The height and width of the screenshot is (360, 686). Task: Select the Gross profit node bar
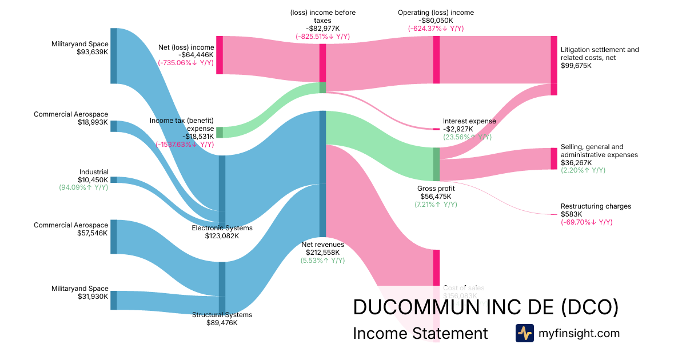[436, 164]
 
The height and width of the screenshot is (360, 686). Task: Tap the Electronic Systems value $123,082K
[222, 236]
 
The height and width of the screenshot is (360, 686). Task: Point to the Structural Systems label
[222, 315]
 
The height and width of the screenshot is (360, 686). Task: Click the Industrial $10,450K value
[93, 180]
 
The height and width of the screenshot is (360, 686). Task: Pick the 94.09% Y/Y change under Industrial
[83, 187]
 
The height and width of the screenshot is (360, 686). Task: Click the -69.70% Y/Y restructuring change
[591, 222]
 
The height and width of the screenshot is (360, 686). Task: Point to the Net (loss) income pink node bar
[220, 55]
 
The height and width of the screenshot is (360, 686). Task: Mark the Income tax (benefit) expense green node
[220, 132]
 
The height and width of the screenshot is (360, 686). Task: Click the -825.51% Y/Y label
[322, 37]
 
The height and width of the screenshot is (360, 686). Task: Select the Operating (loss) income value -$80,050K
[436, 21]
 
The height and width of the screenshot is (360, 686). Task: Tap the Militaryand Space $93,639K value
[93, 52]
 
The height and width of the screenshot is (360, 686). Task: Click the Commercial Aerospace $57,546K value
[93, 233]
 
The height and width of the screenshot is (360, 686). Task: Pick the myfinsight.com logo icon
[524, 333]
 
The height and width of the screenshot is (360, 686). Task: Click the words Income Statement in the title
[420, 333]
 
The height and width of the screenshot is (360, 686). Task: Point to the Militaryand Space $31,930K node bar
[113, 300]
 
